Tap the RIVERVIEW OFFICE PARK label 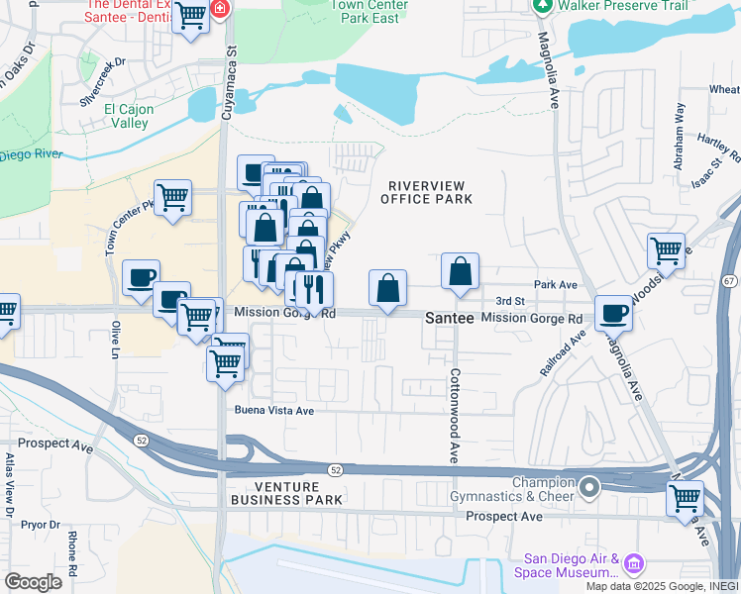tap(427, 192)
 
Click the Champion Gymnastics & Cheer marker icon tap(590, 487)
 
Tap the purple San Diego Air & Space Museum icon tap(634, 565)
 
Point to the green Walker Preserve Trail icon tap(542, 6)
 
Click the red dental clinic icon tap(218, 11)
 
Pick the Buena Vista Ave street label tap(273, 410)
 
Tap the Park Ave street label tap(555, 284)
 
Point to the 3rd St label tap(509, 301)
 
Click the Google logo tap(33, 582)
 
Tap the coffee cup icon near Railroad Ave tap(613, 312)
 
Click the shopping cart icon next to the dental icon tap(189, 16)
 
